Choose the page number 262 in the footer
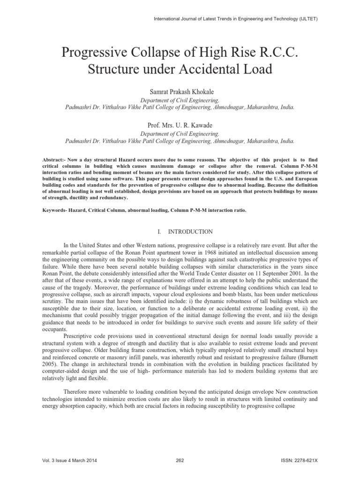click(180, 460)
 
